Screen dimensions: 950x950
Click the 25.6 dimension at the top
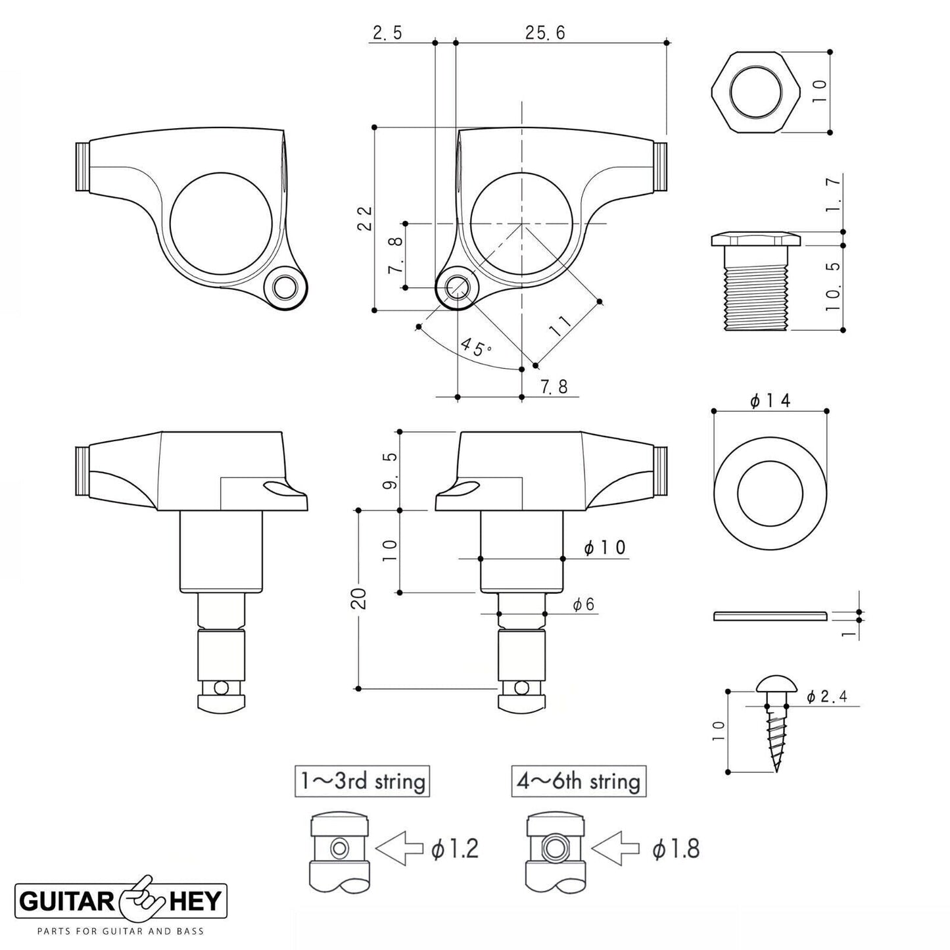click(545, 34)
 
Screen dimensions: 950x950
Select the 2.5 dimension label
click(387, 34)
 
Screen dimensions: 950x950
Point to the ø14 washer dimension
click(770, 400)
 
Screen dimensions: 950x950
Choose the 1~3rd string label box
click(362, 782)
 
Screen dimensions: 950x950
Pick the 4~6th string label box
click(579, 782)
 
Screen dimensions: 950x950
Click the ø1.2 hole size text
click(455, 849)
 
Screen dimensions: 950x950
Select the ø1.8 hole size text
click(676, 849)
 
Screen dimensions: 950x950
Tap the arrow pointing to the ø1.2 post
click(398, 849)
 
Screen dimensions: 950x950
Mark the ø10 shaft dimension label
click(605, 548)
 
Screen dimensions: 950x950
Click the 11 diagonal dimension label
click(562, 325)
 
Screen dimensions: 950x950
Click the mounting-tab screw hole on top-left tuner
click(285, 287)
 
